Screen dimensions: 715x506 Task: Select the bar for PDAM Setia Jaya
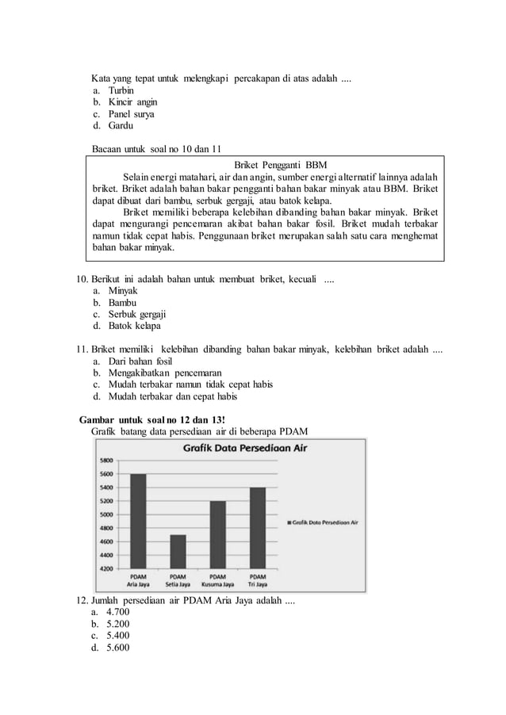pyautogui.click(x=178, y=552)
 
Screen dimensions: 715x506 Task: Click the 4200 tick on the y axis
pyautogui.click(x=105, y=568)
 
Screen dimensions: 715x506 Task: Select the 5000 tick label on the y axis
pyautogui.click(x=105, y=514)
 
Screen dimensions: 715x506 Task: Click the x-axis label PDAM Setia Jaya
pyautogui.click(x=178, y=582)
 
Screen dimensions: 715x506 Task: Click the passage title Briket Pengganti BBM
pyautogui.click(x=265, y=164)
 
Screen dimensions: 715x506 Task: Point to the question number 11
pyautogui.click(x=80, y=350)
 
